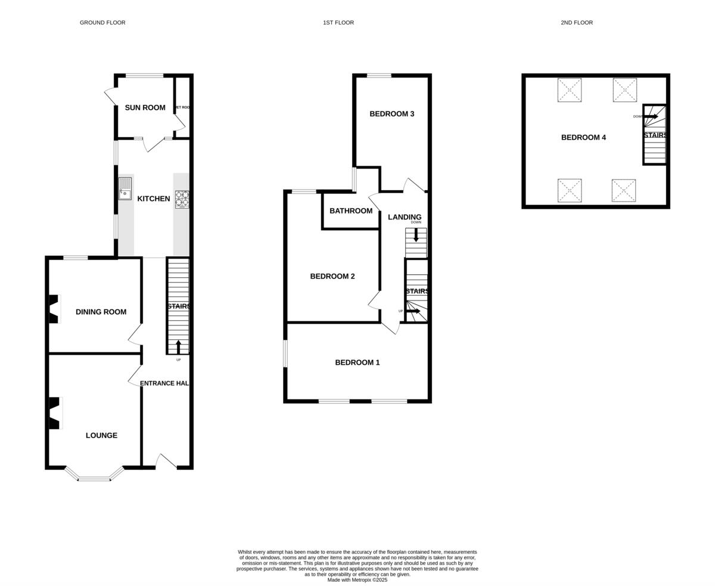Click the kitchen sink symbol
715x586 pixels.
click(x=125, y=188)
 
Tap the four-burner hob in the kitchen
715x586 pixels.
click(x=182, y=199)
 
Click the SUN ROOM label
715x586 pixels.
click(x=145, y=108)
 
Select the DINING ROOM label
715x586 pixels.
click(x=101, y=312)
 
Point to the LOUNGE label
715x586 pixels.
click(x=101, y=436)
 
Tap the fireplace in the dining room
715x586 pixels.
click(x=54, y=309)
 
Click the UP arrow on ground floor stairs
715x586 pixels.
click(x=178, y=347)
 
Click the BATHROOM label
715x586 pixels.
click(x=351, y=211)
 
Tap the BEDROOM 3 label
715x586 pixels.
click(x=391, y=114)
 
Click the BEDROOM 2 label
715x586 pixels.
click(x=332, y=277)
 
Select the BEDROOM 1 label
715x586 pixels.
click(x=357, y=362)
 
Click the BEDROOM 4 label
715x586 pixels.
click(x=583, y=138)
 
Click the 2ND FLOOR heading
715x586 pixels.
click(x=576, y=23)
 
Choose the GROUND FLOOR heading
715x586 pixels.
click(x=102, y=23)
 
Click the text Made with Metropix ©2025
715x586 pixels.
click(x=357, y=580)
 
